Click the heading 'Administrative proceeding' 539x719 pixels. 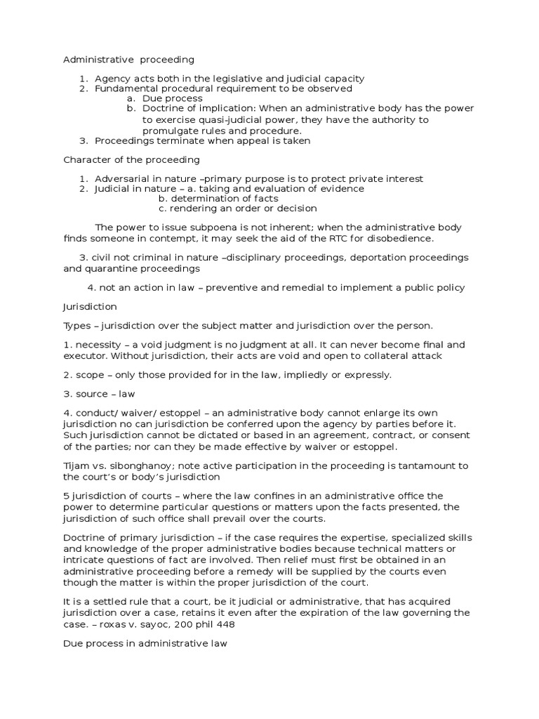(x=128, y=60)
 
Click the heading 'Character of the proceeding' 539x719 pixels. (x=131, y=159)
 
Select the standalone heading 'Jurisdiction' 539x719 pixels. (x=90, y=307)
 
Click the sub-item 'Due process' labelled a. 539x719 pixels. (x=168, y=99)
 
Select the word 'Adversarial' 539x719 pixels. (x=121, y=178)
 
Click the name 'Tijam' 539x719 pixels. (x=76, y=466)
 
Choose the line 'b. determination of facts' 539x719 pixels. (x=218, y=199)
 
